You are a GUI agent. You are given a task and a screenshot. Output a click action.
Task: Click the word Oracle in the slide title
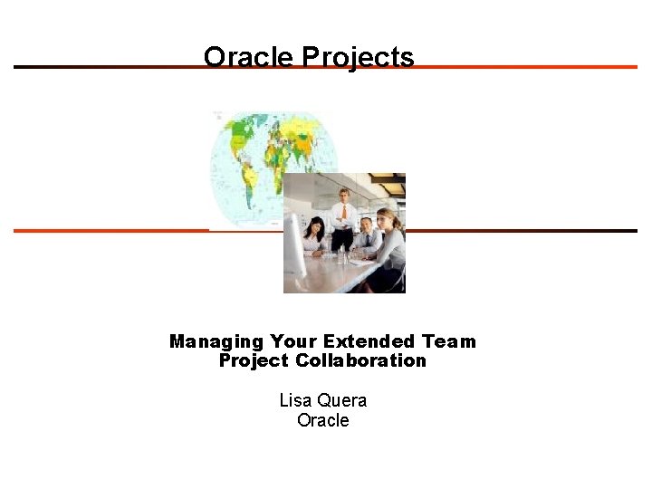tap(248, 58)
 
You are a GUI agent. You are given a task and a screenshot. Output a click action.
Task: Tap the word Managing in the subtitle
tap(216, 341)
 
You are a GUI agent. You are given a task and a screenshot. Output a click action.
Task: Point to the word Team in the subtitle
tap(448, 341)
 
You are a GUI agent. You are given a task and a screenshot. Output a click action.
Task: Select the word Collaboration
tap(373, 360)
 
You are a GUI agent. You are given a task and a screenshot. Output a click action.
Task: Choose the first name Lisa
tap(294, 400)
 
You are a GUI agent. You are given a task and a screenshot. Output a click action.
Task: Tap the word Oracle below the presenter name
tap(322, 420)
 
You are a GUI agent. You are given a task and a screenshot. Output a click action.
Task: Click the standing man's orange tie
tap(343, 215)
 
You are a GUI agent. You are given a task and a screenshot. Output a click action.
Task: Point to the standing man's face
tap(343, 197)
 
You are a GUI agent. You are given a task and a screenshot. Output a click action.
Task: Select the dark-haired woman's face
tap(316, 226)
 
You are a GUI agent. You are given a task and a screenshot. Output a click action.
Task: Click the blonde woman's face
tap(385, 220)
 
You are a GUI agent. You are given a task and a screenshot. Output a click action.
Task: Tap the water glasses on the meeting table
tap(342, 255)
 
